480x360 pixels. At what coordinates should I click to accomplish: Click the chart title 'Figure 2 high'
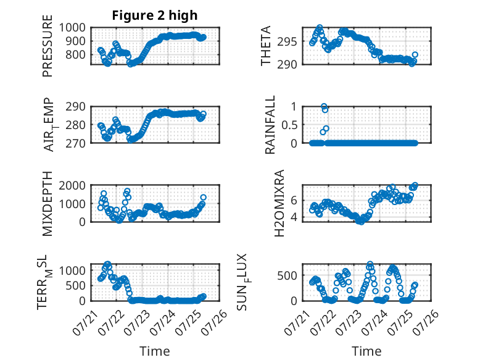[x=155, y=15]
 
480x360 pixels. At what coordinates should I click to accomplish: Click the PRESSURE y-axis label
[x=48, y=46]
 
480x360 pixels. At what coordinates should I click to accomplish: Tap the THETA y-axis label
[x=266, y=46]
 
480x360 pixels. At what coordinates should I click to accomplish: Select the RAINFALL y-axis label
[x=270, y=125]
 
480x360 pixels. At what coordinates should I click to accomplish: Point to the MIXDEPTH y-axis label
[x=48, y=204]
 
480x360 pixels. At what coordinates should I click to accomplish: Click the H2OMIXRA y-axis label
[x=279, y=203]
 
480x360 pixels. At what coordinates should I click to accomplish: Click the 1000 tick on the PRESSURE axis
[x=72, y=28]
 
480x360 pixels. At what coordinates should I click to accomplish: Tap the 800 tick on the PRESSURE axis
[x=76, y=54]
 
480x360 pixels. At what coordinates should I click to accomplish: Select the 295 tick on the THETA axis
[x=287, y=41]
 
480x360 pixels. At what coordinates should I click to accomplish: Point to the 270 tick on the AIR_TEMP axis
[x=76, y=143]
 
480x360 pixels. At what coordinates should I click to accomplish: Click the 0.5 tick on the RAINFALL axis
[x=289, y=125]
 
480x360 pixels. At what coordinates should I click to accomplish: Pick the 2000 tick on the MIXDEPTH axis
[x=72, y=185]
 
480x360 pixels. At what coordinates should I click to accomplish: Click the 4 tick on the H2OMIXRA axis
[x=294, y=217]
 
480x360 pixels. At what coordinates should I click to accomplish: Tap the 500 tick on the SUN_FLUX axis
[x=287, y=275]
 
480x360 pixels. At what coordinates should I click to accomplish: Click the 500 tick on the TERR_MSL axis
[x=76, y=285]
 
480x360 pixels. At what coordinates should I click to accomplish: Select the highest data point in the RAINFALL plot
[x=324, y=106]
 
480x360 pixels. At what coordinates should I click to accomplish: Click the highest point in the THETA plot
[x=320, y=28]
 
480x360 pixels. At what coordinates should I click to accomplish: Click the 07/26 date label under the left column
[x=215, y=322]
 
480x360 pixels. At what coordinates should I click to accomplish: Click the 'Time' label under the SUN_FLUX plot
[x=366, y=351]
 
